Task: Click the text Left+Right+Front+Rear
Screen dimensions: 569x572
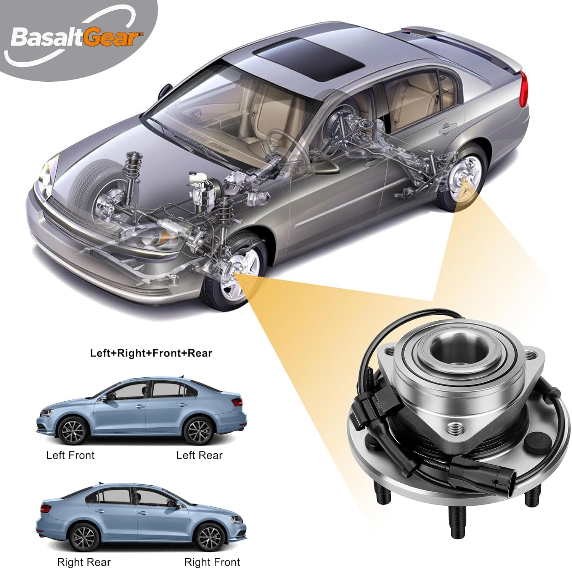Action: tap(151, 353)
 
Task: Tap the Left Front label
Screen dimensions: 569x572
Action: tap(70, 455)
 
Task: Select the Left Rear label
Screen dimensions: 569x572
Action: tap(199, 455)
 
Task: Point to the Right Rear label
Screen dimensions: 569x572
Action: tap(84, 562)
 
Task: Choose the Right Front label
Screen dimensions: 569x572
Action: tap(212, 562)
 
